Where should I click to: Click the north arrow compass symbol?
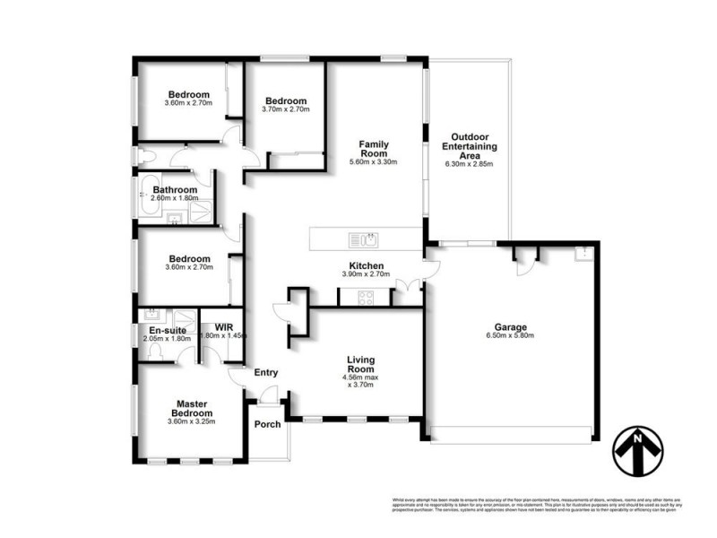click(x=638, y=447)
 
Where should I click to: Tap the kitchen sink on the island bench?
click(x=367, y=239)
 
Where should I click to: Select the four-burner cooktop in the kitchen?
click(x=368, y=299)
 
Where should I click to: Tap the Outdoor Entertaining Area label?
click(x=469, y=146)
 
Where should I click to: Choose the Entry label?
click(x=266, y=373)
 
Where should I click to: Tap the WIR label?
click(x=212, y=326)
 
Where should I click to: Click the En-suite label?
click(x=167, y=330)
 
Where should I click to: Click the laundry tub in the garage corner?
click(x=583, y=252)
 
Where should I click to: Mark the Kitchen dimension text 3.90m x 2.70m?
click(x=367, y=275)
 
